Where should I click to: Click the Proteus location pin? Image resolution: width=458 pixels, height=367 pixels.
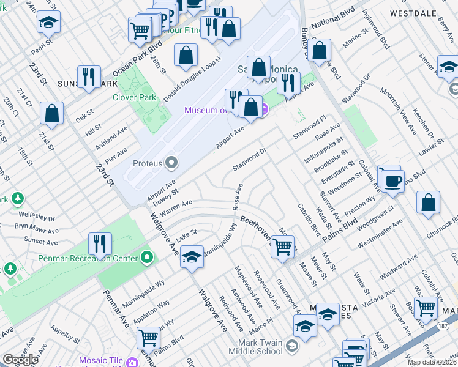[171, 163]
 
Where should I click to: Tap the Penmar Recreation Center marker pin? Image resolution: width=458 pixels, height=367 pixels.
[147, 258]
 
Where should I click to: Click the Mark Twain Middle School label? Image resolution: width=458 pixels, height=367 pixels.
[256, 347]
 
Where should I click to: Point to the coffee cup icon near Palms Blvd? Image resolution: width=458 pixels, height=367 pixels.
[392, 181]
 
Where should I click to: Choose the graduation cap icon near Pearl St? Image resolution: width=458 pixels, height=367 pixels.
[48, 23]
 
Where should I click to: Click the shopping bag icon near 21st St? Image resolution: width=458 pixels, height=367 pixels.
[52, 113]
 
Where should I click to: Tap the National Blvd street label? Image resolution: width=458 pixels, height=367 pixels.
[334, 23]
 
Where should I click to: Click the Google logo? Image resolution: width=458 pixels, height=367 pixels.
[20, 360]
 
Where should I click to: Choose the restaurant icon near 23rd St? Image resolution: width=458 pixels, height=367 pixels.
[89, 77]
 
